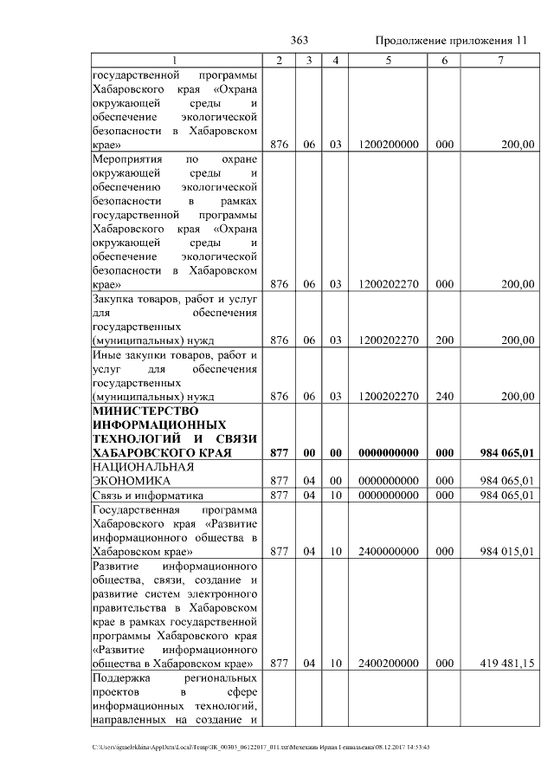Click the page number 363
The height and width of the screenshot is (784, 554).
point(300,41)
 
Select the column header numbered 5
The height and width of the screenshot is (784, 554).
point(388,60)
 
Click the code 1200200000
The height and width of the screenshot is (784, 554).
point(388,146)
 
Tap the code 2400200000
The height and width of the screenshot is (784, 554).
point(388,664)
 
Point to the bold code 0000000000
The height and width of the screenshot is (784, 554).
point(388,452)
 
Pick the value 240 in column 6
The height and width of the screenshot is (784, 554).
point(444,396)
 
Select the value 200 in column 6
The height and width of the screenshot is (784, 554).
point(444,340)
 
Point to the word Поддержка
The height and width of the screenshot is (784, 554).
point(120,678)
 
